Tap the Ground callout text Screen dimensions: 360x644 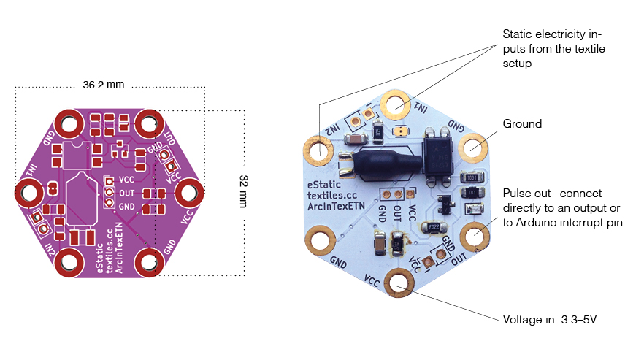[522, 124]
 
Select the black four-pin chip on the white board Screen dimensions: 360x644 [441, 152]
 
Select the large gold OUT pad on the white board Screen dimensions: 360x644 [473, 237]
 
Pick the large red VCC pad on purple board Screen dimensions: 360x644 [188, 193]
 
